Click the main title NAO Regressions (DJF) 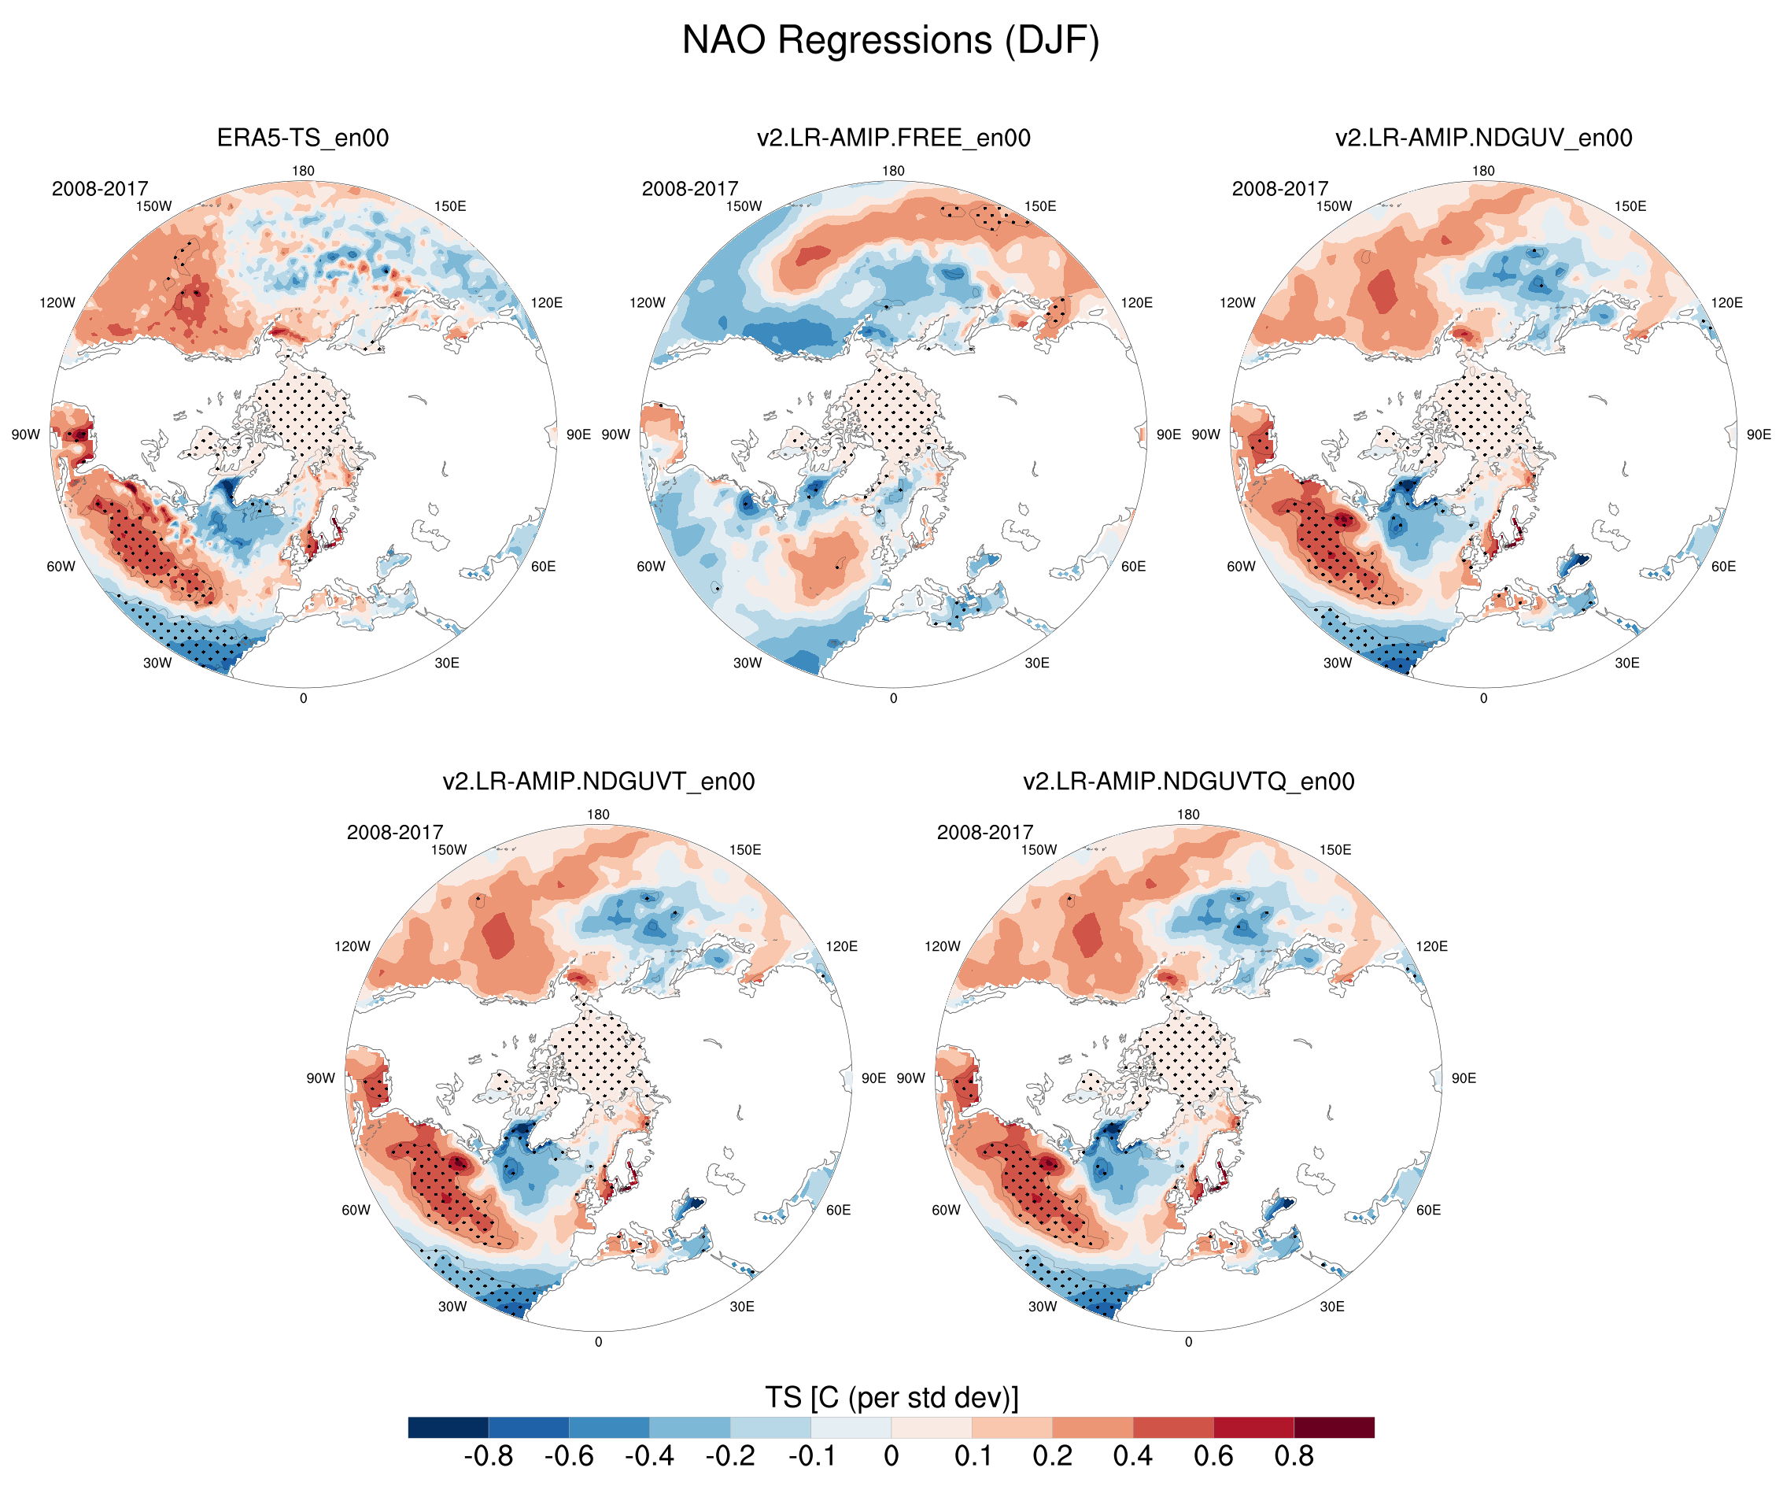(x=891, y=40)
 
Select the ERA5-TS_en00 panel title (x=303, y=138)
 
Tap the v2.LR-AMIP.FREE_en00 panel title (x=893, y=138)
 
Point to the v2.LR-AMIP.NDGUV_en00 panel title (x=1483, y=138)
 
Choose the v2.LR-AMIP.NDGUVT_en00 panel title (x=599, y=781)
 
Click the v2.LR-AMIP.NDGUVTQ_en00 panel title (x=1189, y=781)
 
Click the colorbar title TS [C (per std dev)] (x=891, y=1397)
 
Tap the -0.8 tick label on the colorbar (x=488, y=1456)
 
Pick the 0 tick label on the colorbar (x=891, y=1456)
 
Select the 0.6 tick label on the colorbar (x=1213, y=1456)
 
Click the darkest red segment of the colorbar (x=1334, y=1427)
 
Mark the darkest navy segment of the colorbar (x=449, y=1427)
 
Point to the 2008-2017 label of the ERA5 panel (x=100, y=189)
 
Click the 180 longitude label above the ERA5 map (x=303, y=171)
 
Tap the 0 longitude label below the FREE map (x=893, y=698)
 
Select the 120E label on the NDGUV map (x=1727, y=302)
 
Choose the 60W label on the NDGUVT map (x=356, y=1210)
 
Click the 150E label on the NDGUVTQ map (x=1334, y=849)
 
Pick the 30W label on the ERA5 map (x=157, y=663)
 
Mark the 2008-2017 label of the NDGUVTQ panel (x=985, y=833)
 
